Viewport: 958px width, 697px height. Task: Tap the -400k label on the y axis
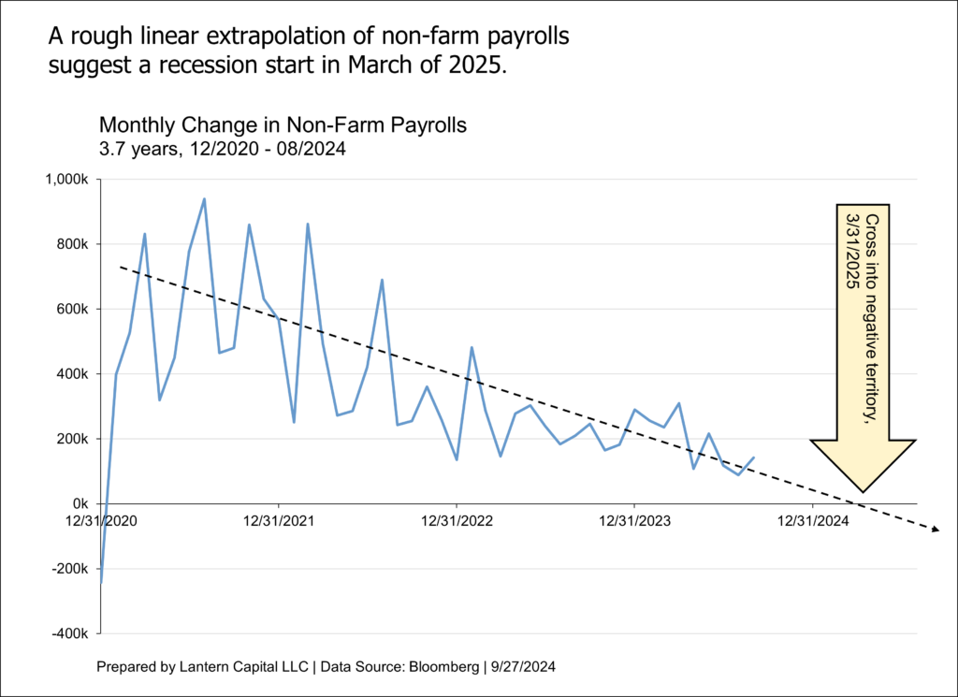click(x=70, y=634)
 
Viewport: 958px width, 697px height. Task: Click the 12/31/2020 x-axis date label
click(x=101, y=521)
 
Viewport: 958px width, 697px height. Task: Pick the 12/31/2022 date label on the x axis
click(x=457, y=521)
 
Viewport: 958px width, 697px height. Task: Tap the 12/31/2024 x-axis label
click(x=812, y=521)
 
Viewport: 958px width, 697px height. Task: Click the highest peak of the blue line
click(x=204, y=198)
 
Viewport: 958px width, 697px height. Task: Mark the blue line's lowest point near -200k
click(x=101, y=583)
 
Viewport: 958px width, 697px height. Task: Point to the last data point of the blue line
click(x=754, y=457)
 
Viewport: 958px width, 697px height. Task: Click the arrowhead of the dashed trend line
click(x=935, y=530)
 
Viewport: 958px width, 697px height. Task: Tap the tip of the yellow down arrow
click(x=863, y=491)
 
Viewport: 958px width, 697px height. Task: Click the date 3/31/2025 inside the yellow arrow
click(x=852, y=250)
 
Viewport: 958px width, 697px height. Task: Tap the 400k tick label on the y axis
click(x=72, y=374)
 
